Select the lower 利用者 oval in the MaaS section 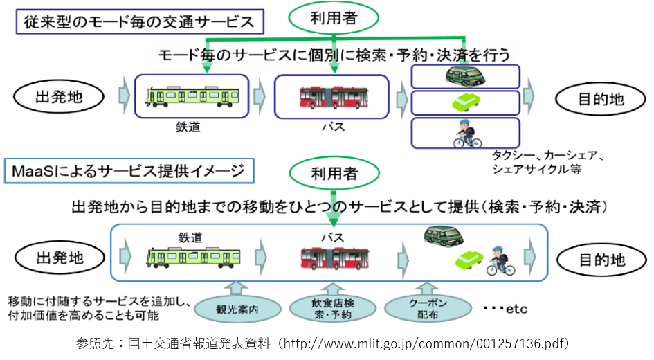[x=335, y=174]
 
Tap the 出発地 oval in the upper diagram [x=59, y=97]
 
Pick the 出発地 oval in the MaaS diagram [x=59, y=258]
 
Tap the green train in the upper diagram [x=192, y=94]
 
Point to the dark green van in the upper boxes [x=465, y=75]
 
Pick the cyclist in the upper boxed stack [x=465, y=133]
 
